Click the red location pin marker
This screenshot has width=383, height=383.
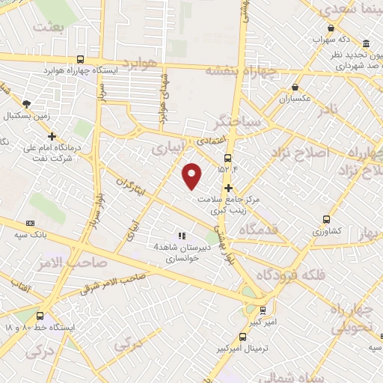pos(193,176)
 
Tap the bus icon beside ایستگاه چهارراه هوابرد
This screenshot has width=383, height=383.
pos(80,60)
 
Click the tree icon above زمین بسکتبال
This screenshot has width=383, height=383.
pos(27,104)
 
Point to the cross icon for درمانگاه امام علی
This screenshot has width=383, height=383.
pos(52,136)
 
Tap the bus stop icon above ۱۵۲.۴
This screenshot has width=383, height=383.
pos(227,158)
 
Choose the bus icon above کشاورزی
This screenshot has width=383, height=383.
pos(327,219)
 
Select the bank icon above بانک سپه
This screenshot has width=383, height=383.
pos(30,223)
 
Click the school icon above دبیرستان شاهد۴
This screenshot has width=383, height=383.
pos(181,236)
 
